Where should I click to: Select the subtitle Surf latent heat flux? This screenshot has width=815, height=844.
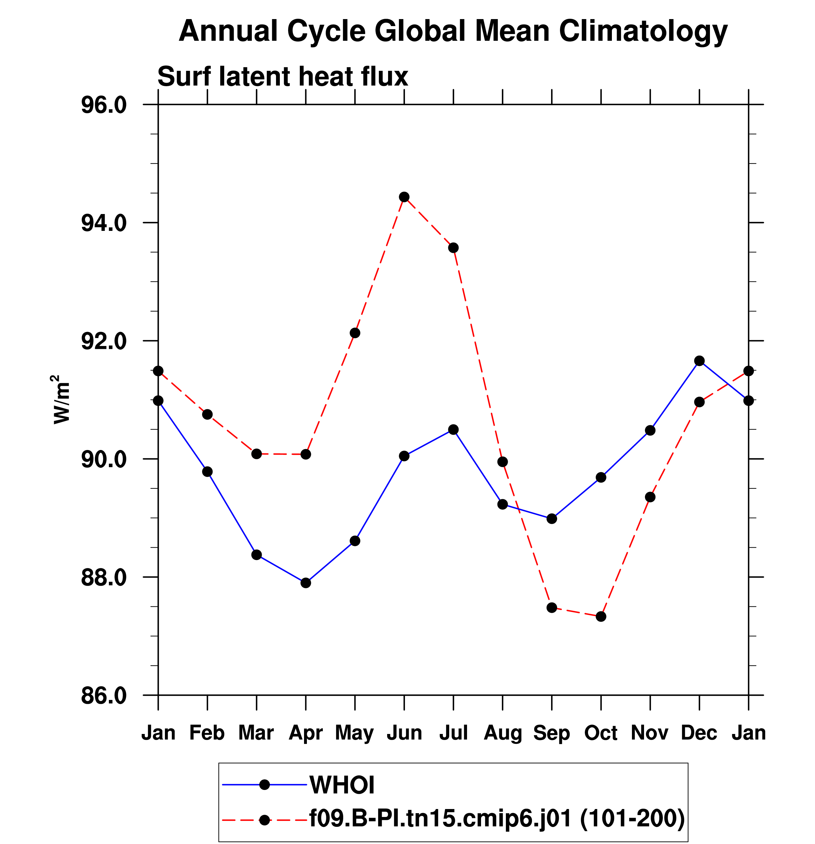282,77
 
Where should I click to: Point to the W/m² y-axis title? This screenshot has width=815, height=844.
61,399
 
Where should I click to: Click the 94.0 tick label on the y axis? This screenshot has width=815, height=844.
104,223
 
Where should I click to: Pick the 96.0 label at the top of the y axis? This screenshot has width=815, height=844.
104,105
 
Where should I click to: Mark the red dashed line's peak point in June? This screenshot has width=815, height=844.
404,197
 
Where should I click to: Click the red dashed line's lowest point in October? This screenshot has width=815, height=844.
601,617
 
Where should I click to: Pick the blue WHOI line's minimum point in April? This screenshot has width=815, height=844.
306,583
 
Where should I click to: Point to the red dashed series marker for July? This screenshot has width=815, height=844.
453,248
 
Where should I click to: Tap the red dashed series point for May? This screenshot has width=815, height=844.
355,333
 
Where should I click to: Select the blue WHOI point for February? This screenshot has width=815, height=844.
207,472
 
